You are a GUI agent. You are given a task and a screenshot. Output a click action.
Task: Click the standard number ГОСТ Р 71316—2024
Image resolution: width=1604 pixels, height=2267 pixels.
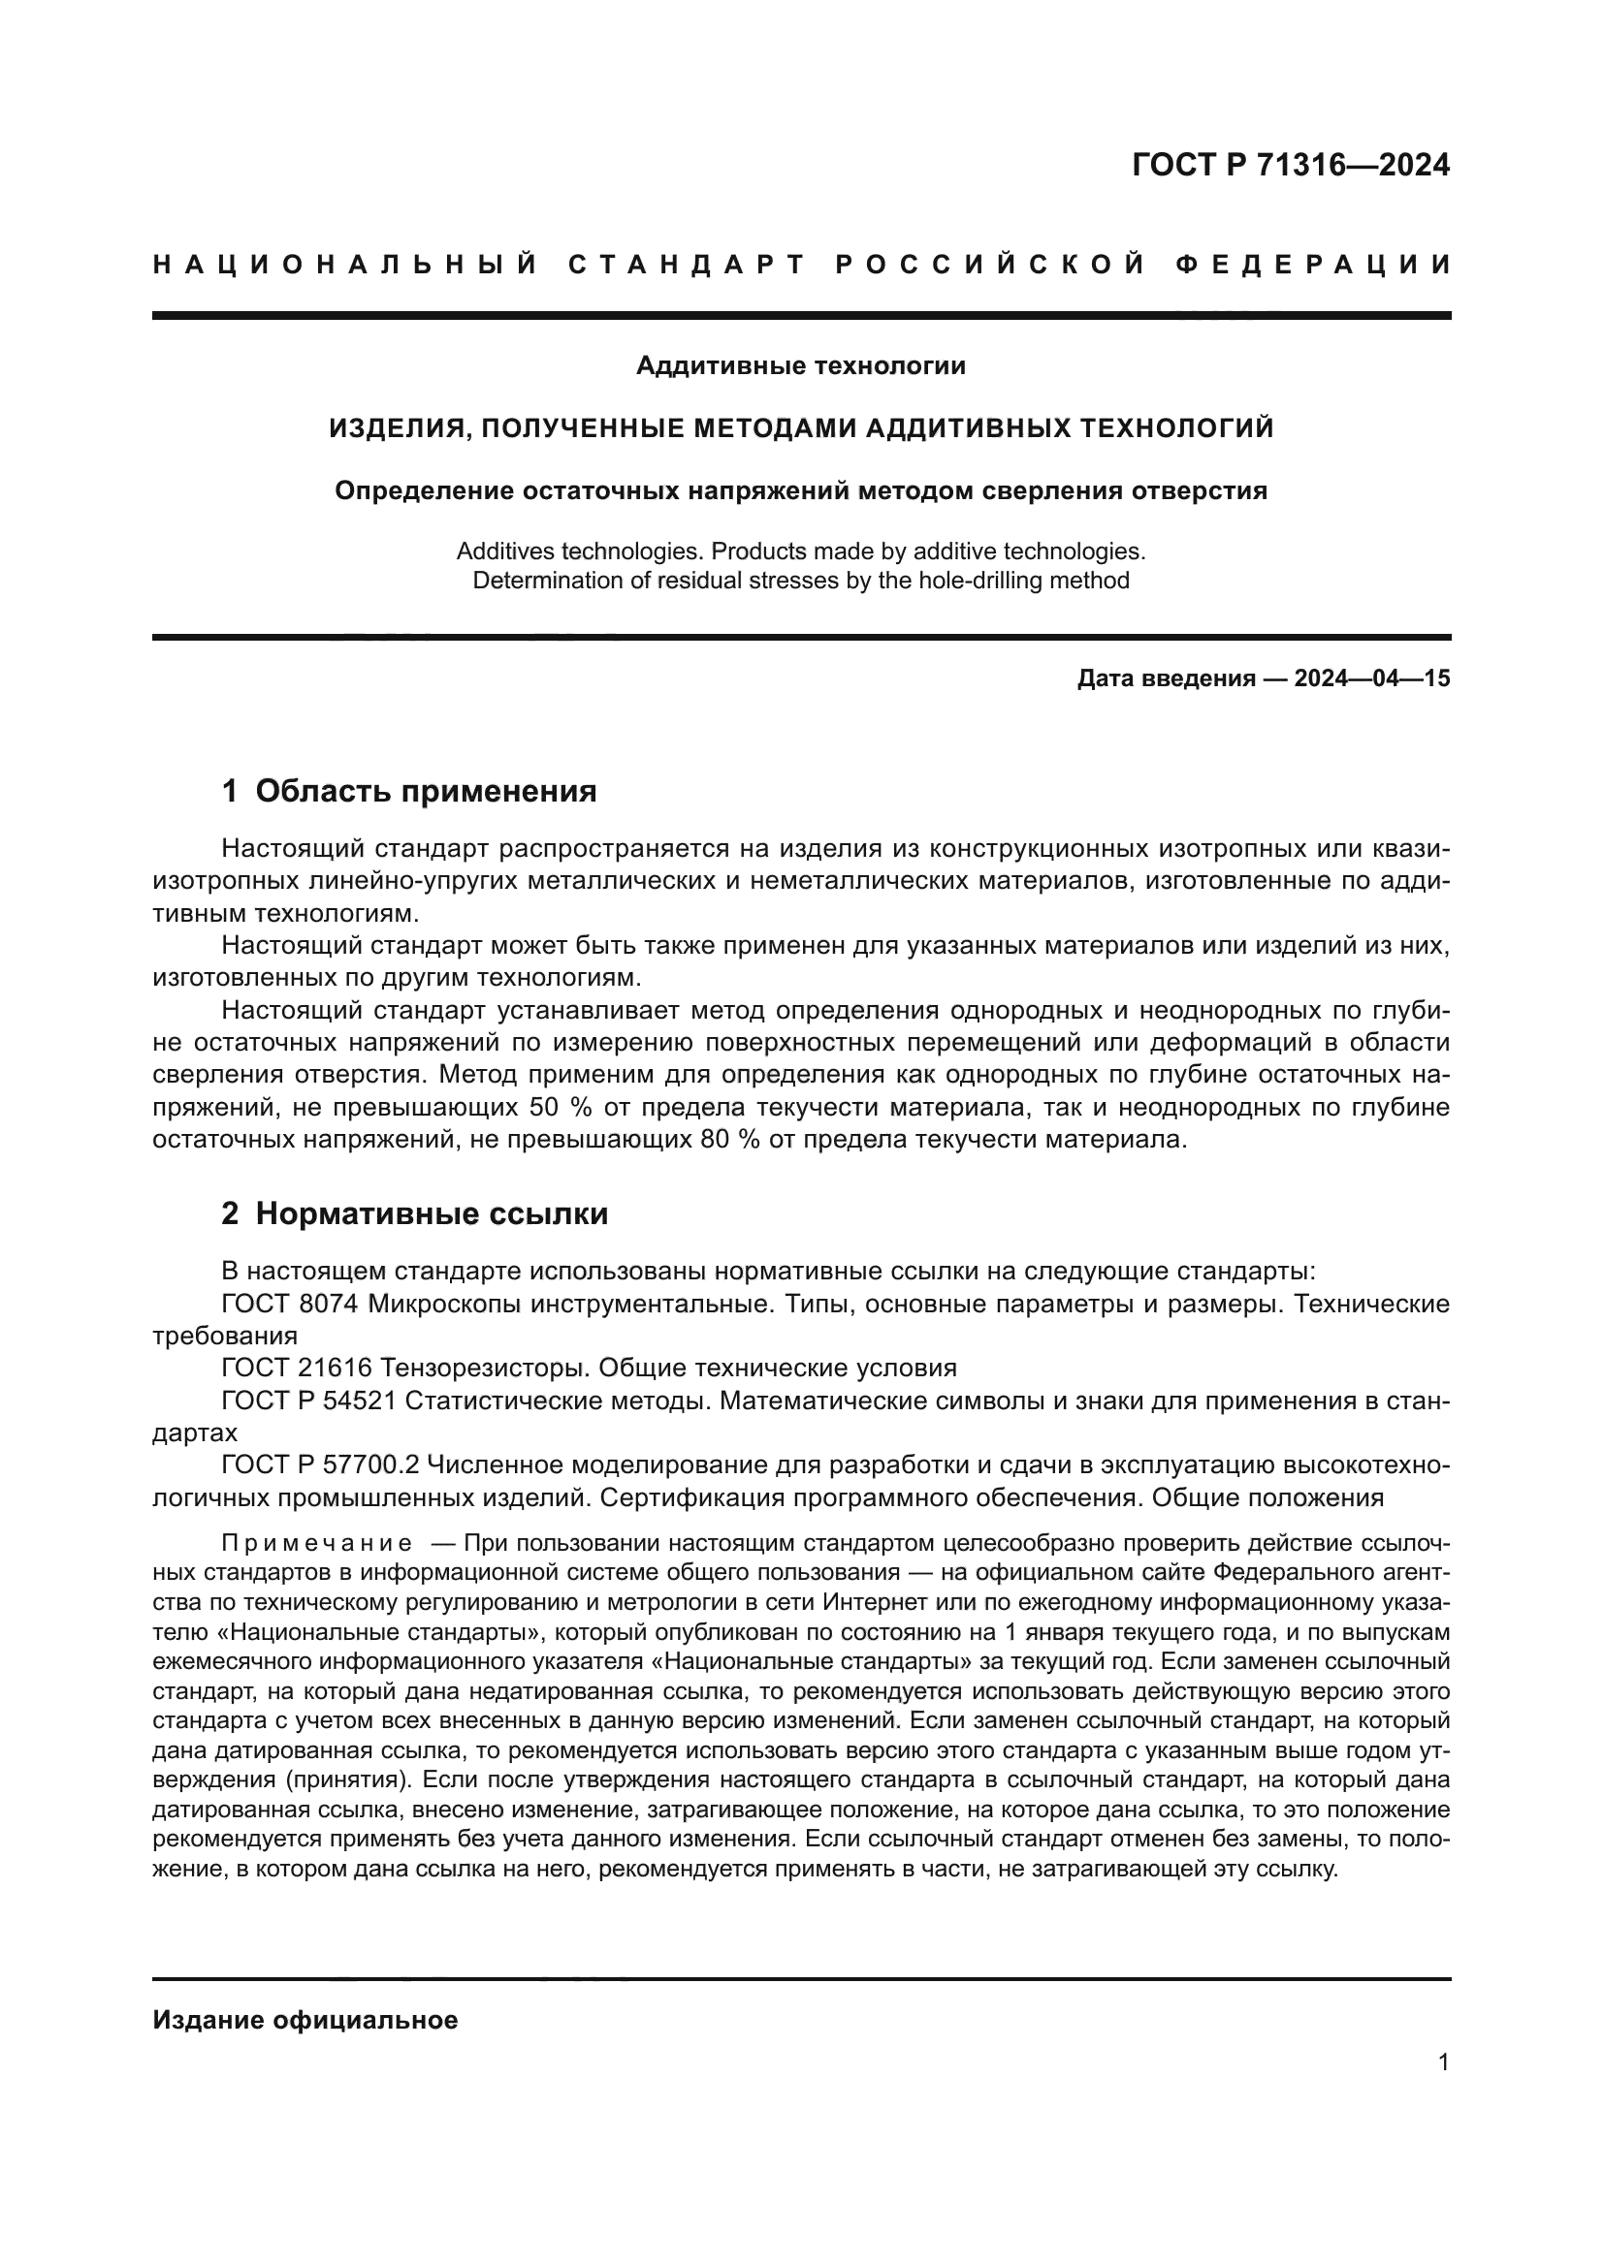tap(1291, 165)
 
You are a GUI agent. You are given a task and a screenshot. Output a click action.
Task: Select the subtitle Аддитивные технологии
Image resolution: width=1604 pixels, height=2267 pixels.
tap(801, 366)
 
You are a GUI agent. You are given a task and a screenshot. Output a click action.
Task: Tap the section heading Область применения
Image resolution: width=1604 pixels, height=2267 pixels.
tap(426, 791)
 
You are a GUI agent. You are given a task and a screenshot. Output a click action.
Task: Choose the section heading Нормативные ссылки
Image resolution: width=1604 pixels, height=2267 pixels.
tap(432, 1213)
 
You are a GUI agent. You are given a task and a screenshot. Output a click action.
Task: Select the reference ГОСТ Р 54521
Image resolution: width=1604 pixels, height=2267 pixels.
tap(308, 1401)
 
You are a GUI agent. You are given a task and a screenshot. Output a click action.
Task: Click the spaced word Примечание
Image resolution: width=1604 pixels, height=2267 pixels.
tap(317, 1542)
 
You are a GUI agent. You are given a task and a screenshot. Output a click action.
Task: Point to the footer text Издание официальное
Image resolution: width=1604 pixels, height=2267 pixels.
tap(305, 2020)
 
